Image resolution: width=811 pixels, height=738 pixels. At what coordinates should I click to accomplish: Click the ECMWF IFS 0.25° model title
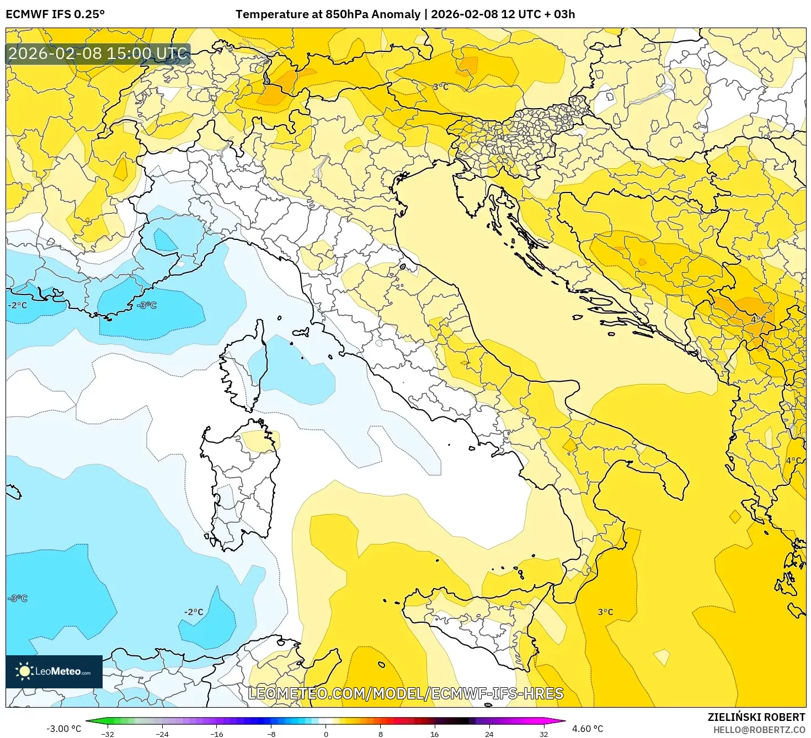point(55,14)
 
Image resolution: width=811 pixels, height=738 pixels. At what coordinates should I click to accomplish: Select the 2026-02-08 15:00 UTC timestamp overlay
point(98,54)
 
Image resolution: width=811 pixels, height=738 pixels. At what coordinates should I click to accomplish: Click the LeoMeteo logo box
point(54,671)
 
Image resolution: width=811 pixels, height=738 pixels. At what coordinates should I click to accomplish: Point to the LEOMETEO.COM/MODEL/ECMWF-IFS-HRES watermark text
point(405,693)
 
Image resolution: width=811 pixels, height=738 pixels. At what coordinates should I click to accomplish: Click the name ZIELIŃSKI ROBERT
point(756,717)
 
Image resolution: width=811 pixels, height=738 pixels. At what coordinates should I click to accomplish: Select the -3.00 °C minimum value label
point(63,729)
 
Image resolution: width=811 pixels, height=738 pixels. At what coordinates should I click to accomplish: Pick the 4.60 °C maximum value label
point(588,729)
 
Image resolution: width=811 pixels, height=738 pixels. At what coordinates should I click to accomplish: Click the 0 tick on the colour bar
point(326,734)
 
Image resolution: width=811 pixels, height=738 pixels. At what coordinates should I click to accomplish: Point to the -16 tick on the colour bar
point(217,734)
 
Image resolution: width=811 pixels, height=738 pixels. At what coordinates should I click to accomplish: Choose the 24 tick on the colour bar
point(489,734)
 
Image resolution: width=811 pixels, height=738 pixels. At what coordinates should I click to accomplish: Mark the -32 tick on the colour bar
point(108,734)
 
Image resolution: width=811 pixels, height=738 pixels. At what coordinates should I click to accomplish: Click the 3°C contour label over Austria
point(440,87)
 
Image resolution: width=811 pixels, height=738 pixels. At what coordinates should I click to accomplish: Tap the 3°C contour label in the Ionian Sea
point(605,612)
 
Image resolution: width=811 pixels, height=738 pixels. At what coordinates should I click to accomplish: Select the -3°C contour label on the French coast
point(147,305)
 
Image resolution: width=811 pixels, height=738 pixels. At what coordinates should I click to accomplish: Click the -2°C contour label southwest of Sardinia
point(194,612)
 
